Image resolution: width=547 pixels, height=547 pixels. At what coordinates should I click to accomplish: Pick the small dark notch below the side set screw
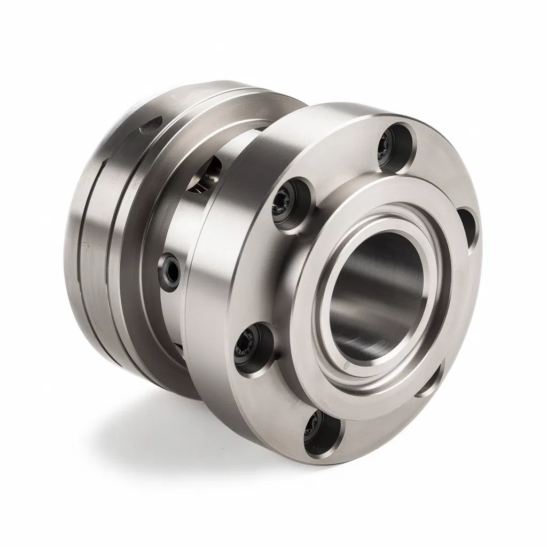pyautogui.click(x=178, y=347)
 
